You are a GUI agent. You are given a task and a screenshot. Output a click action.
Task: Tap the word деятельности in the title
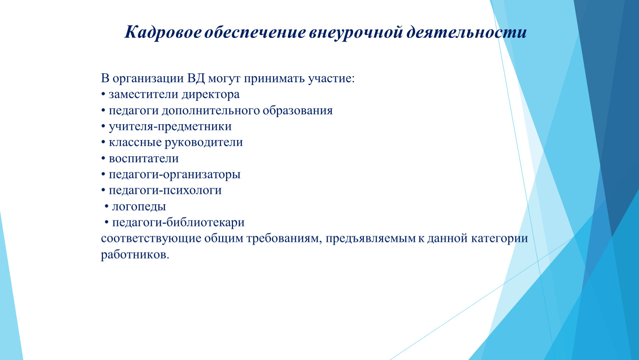coord(466,32)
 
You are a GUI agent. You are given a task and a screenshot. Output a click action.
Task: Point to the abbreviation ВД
coord(196,78)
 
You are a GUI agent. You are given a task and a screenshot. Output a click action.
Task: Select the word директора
coord(210,95)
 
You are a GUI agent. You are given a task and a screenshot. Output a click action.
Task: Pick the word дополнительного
coord(210,111)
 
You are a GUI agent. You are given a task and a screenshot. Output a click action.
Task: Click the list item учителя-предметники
coord(170,126)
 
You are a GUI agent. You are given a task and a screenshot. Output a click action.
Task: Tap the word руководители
coord(204,142)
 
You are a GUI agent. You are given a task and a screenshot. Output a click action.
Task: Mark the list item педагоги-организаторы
coord(175,174)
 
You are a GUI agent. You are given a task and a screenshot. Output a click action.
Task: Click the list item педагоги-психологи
coord(165,190)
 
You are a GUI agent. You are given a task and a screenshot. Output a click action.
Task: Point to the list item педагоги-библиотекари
coord(178,222)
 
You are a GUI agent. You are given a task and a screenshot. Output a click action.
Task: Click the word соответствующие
coord(151,238)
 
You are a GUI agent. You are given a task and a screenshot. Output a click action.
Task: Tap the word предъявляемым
coord(371,238)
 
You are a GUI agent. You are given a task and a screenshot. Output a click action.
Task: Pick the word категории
coord(499,238)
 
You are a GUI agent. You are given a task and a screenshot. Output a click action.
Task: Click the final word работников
coord(135,255)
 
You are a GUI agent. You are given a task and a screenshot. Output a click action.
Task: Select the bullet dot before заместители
coord(103,95)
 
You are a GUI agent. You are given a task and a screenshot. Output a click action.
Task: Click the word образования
coord(298,111)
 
